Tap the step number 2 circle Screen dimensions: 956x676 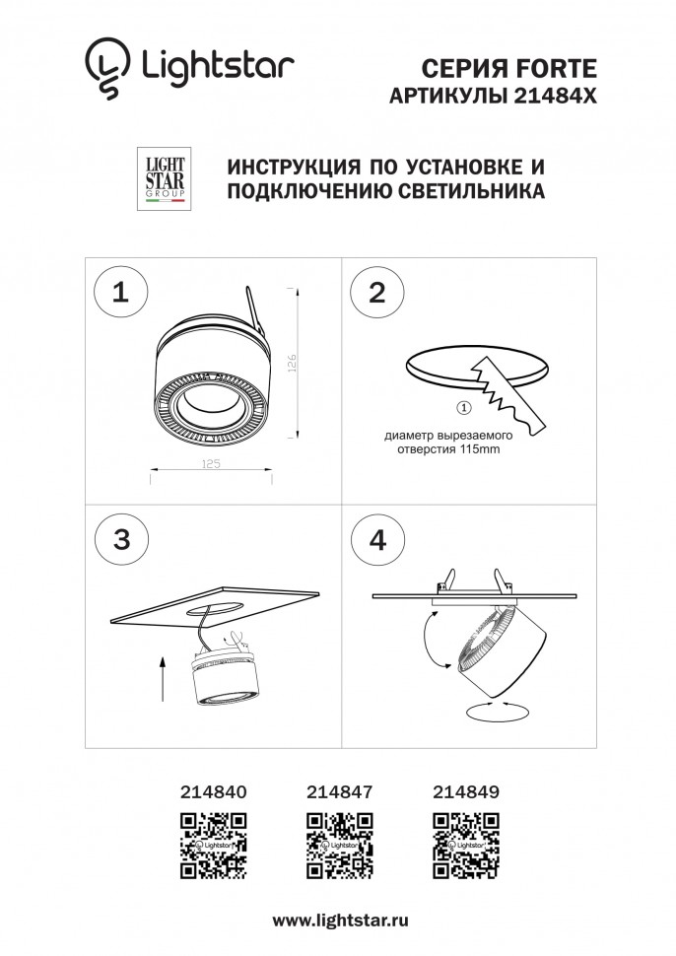376,292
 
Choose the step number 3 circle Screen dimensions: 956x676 121,538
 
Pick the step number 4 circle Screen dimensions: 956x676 376,539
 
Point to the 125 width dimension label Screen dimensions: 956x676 210,461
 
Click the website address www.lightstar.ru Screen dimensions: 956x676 339,919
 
